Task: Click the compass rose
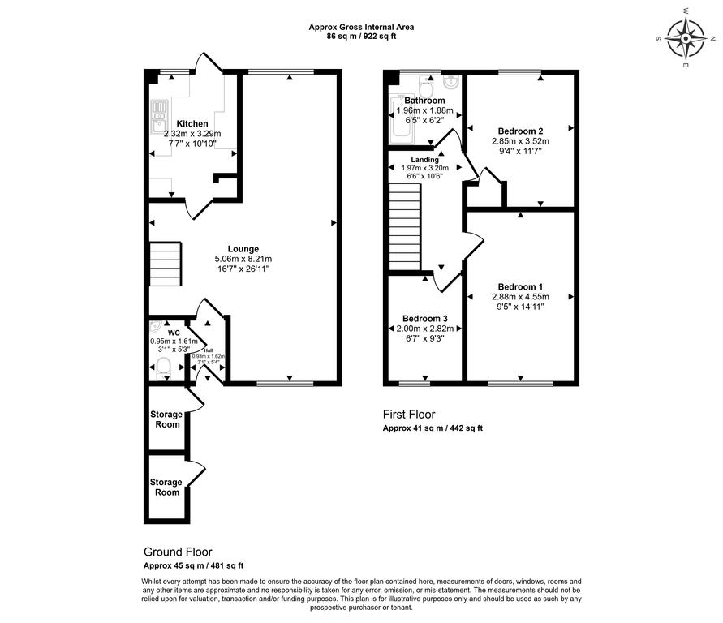[686, 37]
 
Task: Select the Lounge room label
[243, 249]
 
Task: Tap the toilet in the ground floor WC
[163, 367]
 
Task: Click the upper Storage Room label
[166, 419]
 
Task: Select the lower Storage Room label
[166, 488]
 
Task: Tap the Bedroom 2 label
[519, 131]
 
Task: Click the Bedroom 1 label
[520, 286]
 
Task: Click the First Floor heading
[409, 415]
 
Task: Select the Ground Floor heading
[178, 552]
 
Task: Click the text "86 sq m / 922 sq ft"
[361, 37]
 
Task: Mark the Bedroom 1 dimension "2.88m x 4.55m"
[520, 297]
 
